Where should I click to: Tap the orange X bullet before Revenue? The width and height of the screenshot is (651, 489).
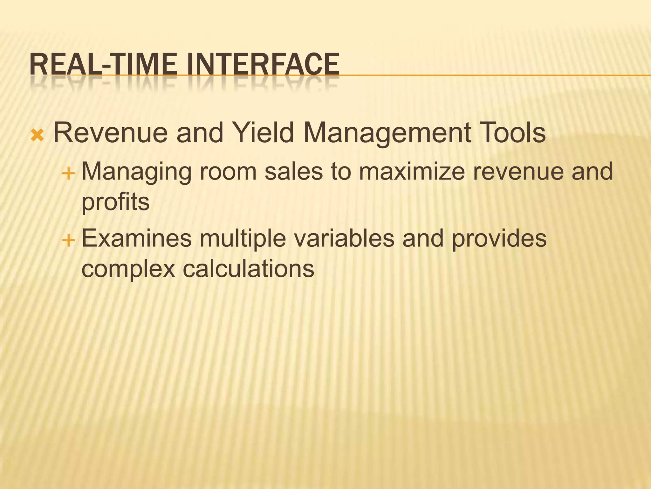(x=38, y=136)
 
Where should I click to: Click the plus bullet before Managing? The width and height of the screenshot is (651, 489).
(x=68, y=174)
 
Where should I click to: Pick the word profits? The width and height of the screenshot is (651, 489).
(x=115, y=202)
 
